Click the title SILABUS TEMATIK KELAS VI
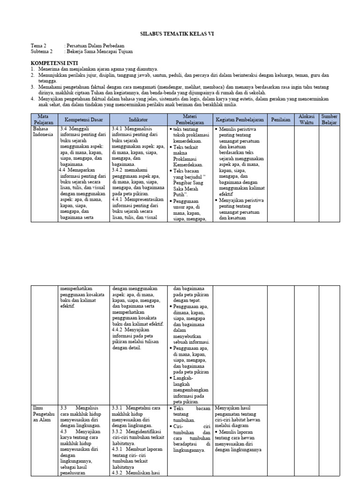180,34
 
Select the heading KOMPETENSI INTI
54,63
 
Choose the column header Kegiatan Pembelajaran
240,120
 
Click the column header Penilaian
281,120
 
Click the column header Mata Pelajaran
44,120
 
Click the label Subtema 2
42,52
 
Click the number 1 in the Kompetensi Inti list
33,69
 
